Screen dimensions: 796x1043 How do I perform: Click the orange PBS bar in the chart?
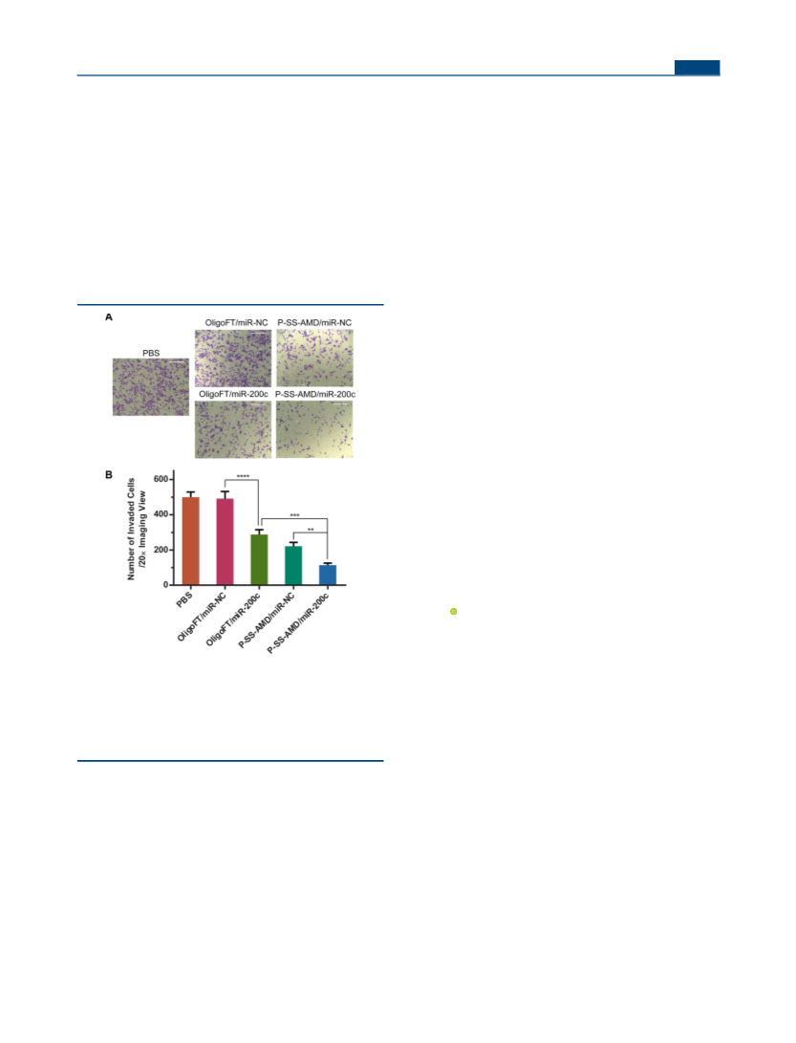click(x=190, y=541)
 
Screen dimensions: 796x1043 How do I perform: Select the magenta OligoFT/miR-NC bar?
click(x=225, y=541)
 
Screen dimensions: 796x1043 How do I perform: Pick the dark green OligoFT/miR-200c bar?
click(x=259, y=559)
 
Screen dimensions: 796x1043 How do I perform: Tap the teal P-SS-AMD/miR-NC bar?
click(x=293, y=565)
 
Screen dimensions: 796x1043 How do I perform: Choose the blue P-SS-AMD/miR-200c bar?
click(x=328, y=575)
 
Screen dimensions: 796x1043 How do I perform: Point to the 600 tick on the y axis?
click(x=161, y=479)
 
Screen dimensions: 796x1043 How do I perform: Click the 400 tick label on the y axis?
click(x=161, y=514)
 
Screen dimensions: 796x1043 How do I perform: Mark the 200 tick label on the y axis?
click(x=161, y=550)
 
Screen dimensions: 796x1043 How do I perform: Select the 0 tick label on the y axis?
click(x=165, y=585)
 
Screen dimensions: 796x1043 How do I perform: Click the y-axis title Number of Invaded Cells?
click(x=132, y=529)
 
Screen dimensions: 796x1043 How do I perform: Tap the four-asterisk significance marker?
click(x=243, y=476)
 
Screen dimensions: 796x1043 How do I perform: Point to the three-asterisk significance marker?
click(x=294, y=515)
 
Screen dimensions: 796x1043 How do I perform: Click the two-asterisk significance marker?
click(x=311, y=530)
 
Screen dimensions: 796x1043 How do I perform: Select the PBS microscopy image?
click(x=151, y=387)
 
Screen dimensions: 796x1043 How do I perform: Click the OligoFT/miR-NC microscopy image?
click(x=233, y=358)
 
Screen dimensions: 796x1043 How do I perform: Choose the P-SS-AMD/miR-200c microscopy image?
click(x=314, y=429)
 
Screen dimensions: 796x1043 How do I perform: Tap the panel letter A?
click(x=109, y=317)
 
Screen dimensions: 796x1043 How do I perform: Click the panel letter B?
click(x=109, y=475)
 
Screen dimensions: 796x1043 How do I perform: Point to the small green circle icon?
click(x=454, y=611)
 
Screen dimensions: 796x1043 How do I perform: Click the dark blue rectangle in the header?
click(x=697, y=67)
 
